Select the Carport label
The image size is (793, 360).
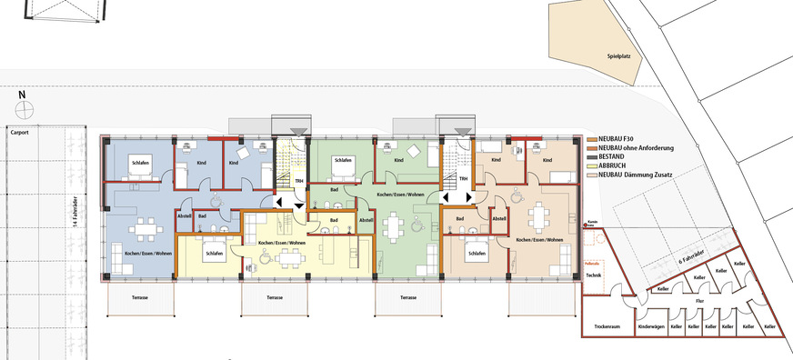[x=19, y=132]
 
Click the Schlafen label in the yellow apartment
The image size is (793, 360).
[x=215, y=254]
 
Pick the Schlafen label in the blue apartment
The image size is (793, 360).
[x=140, y=161]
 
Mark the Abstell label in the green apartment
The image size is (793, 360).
[x=366, y=220]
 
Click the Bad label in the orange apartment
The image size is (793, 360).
[x=460, y=219]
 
